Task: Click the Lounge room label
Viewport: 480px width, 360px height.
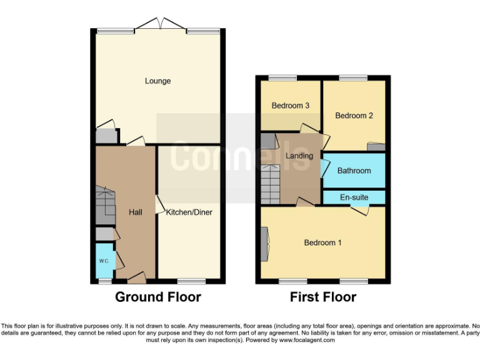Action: pos(157,81)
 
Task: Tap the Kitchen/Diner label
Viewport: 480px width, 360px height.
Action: pos(189,212)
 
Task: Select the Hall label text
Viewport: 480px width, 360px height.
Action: pos(136,212)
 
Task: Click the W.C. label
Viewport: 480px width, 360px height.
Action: pos(103,261)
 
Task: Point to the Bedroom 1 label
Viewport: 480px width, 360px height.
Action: pos(322,242)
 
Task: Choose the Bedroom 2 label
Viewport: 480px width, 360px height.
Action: pos(354,116)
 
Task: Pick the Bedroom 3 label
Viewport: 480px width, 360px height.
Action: pos(291,106)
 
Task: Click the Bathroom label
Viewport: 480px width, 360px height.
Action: pos(354,171)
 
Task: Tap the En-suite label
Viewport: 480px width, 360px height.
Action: pos(354,197)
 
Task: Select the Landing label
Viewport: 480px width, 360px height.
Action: pos(299,155)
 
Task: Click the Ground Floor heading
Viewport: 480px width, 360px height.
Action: pos(157,297)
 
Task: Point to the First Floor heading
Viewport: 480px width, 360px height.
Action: pos(322,297)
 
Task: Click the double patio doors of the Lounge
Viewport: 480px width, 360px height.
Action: pos(158,25)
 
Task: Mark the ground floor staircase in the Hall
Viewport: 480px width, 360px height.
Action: pos(105,205)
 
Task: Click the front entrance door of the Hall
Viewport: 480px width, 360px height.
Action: pos(137,276)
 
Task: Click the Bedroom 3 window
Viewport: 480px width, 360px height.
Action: pos(282,77)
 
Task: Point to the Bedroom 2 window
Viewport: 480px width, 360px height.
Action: pos(353,77)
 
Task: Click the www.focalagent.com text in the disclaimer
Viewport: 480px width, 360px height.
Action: pos(306,341)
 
